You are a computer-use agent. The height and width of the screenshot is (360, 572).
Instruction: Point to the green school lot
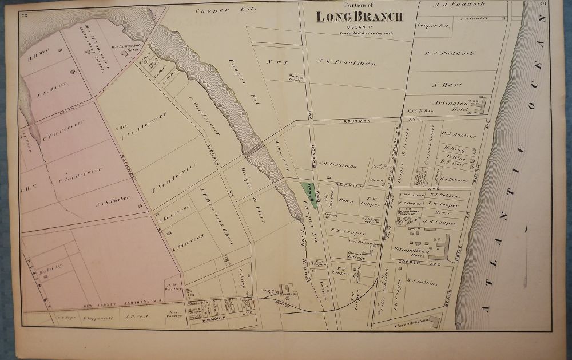click(308, 194)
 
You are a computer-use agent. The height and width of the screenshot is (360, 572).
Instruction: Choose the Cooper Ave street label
click(418, 264)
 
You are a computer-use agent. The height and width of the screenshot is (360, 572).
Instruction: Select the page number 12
click(25, 14)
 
